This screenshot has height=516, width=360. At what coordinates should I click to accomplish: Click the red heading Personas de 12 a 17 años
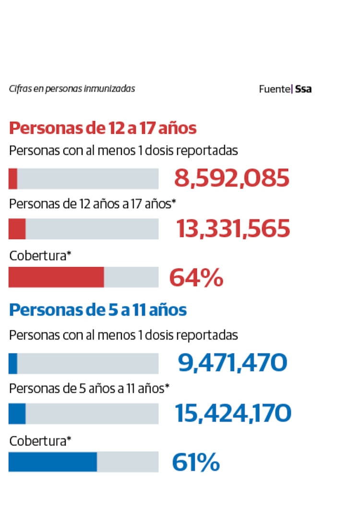103,129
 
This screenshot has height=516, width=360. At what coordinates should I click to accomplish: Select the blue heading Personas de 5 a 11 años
98,310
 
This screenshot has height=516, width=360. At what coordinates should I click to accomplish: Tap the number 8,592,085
232,178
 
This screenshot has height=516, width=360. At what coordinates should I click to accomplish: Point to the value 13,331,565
233,229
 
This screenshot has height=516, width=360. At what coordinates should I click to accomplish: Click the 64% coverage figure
196,278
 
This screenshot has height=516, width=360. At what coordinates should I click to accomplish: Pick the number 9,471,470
233,363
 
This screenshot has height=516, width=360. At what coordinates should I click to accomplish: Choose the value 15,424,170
233,413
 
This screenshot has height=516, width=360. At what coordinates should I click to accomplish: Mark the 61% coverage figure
196,463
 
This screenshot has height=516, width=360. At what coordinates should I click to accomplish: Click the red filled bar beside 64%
56,277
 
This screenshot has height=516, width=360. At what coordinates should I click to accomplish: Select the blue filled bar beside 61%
53,462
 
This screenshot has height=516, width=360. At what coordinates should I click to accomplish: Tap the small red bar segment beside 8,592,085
13,178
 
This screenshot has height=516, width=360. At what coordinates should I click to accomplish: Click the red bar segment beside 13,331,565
17,229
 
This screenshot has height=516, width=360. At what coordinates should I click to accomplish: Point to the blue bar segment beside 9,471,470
13,363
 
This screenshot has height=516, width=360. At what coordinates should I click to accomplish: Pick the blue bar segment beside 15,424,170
17,413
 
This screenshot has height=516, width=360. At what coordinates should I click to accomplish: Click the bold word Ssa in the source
303,89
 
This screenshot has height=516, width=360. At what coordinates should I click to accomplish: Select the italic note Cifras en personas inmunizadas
72,89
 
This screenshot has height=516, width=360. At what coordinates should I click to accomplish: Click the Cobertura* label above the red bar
40,256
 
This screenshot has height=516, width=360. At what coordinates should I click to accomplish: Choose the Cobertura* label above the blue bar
40,441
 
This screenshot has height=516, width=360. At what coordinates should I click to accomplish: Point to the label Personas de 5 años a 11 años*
89,388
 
